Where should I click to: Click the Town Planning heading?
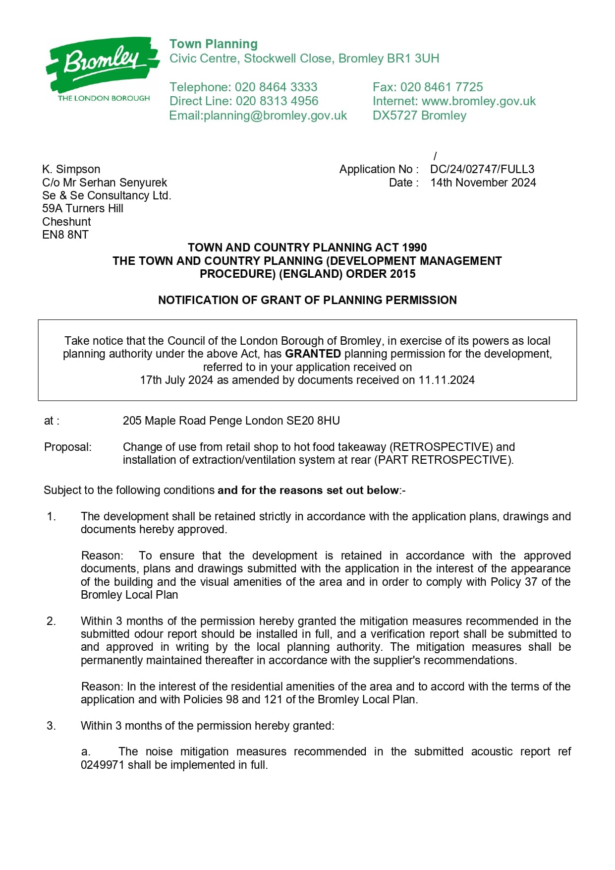[x=214, y=44]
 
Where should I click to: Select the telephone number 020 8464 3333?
[x=276, y=87]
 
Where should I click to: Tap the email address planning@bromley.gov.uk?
[x=275, y=116]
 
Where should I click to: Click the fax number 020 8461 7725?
[x=441, y=87]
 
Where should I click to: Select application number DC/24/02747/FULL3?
[x=482, y=169]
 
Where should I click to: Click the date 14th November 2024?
[x=483, y=183]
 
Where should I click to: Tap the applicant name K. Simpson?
[x=71, y=169]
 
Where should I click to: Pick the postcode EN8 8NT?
[x=65, y=235]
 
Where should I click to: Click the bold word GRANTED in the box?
[x=313, y=354]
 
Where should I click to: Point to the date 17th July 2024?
[x=176, y=380]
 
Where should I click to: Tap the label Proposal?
[x=68, y=447]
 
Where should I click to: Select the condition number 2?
[x=52, y=621]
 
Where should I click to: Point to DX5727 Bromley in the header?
[x=419, y=116]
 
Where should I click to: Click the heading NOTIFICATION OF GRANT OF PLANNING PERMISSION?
[x=307, y=300]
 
